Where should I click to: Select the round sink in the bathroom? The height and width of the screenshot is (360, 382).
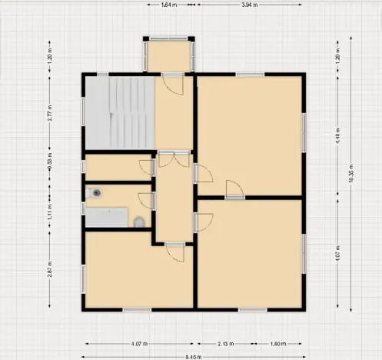point(94,194)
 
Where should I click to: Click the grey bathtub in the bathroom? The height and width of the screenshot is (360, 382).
point(105,218)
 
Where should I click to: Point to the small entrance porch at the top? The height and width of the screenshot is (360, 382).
point(170,55)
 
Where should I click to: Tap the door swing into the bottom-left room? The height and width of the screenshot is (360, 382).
point(176,252)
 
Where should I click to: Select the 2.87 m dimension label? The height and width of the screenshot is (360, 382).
point(50,272)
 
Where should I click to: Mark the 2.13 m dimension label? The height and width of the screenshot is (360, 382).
point(226,344)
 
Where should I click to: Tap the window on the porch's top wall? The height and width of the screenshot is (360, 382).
point(170,38)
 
